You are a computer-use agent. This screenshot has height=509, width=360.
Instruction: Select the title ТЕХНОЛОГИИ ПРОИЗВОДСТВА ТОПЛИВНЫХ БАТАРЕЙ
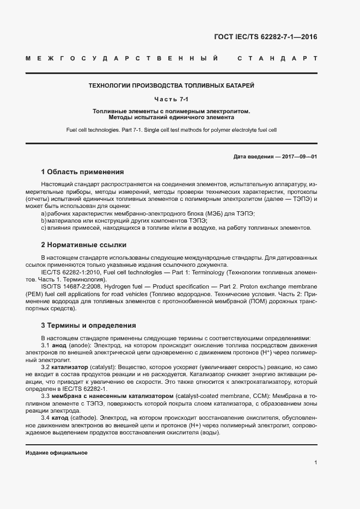tap(172, 86)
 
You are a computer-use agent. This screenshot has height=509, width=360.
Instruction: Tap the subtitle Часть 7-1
tap(172, 99)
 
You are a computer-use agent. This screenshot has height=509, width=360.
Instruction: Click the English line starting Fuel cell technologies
tap(172, 130)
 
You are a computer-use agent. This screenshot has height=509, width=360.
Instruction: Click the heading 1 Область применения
tap(83, 171)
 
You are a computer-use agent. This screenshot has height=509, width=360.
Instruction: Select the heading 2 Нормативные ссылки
tap(83, 245)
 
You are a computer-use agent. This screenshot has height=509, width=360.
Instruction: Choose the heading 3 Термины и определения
tap(88, 326)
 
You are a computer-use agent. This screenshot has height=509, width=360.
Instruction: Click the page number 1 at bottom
tap(315, 463)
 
